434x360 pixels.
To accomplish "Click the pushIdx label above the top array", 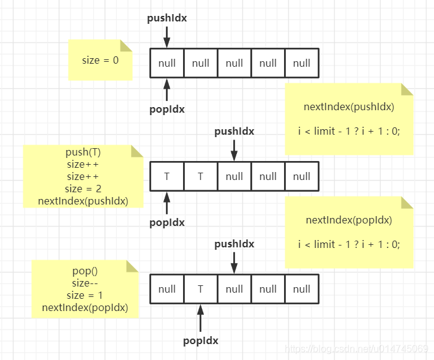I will click(x=167, y=18).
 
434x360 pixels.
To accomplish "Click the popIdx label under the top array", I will click(x=167, y=110).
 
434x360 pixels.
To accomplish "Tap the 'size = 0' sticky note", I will click(x=100, y=60).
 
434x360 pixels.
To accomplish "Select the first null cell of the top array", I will click(x=167, y=63).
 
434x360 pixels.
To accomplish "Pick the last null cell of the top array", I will click(x=302, y=63).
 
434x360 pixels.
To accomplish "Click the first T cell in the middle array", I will click(x=167, y=176).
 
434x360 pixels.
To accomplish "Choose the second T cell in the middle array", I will click(x=201, y=176).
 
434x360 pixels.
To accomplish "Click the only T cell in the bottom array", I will click(x=201, y=289).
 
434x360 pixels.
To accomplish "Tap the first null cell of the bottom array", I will click(x=167, y=289).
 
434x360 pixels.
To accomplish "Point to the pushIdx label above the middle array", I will click(x=234, y=131).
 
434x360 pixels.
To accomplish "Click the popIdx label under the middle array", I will click(x=167, y=223).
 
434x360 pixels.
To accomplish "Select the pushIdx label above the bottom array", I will click(x=234, y=244).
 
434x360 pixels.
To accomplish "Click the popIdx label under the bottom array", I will click(x=201, y=340).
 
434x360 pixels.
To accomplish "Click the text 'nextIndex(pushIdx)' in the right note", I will click(x=349, y=107).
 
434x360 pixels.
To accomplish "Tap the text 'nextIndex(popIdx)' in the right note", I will click(x=349, y=220).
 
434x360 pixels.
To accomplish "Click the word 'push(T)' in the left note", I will click(x=83, y=152).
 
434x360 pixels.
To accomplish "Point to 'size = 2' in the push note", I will click(x=83, y=189).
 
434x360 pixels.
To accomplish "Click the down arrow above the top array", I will click(x=167, y=37).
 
